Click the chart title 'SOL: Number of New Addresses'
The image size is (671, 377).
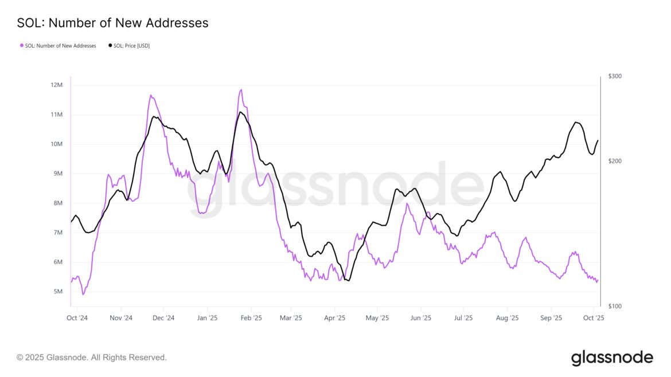pos(112,23)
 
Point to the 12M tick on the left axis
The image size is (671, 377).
pos(56,85)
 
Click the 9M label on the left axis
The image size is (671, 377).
pos(56,174)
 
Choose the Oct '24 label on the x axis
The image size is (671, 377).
pos(76,317)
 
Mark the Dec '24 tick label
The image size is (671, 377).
pos(163,317)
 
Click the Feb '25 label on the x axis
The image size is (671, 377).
pos(251,317)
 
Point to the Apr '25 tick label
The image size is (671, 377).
pos(334,317)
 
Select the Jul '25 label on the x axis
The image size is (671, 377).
pos(463,317)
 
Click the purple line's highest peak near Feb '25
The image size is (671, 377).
pos(241,90)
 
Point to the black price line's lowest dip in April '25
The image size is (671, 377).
pos(349,280)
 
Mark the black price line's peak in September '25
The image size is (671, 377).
pos(576,122)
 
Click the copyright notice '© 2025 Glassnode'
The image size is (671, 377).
pos(92,358)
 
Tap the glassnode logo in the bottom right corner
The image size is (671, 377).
pos(612,358)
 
